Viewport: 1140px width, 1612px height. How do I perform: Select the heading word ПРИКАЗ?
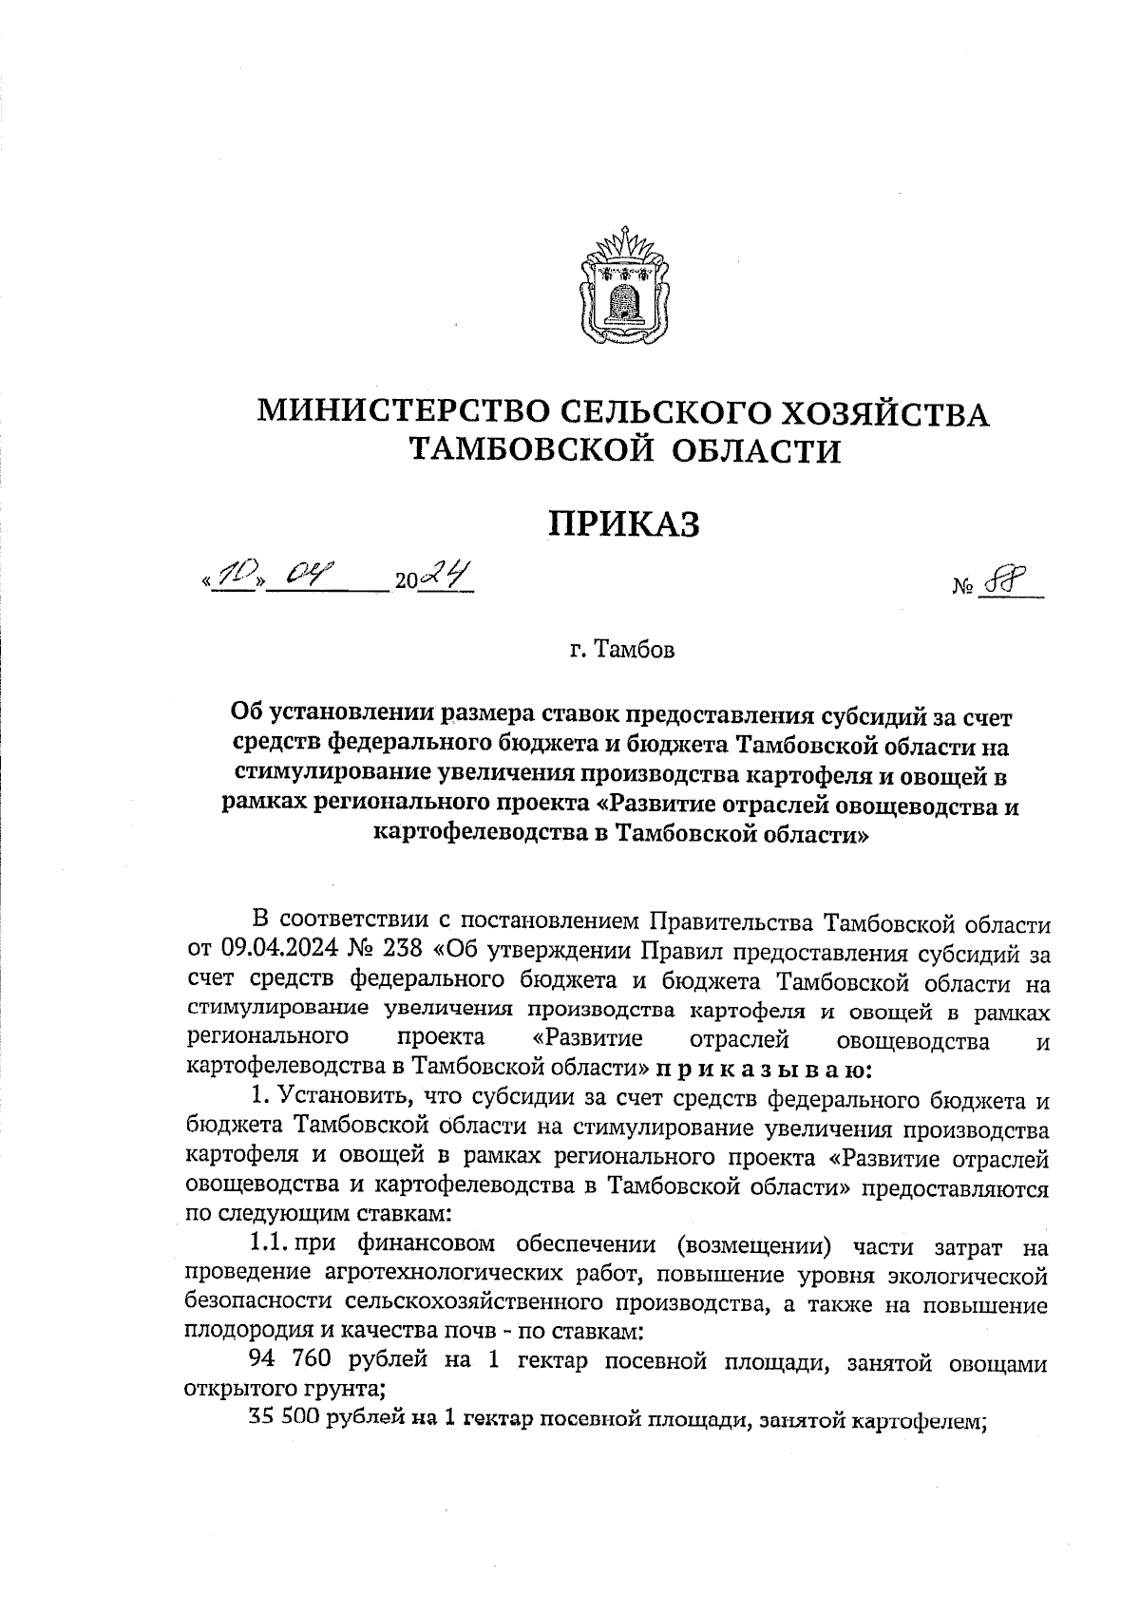click(624, 522)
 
